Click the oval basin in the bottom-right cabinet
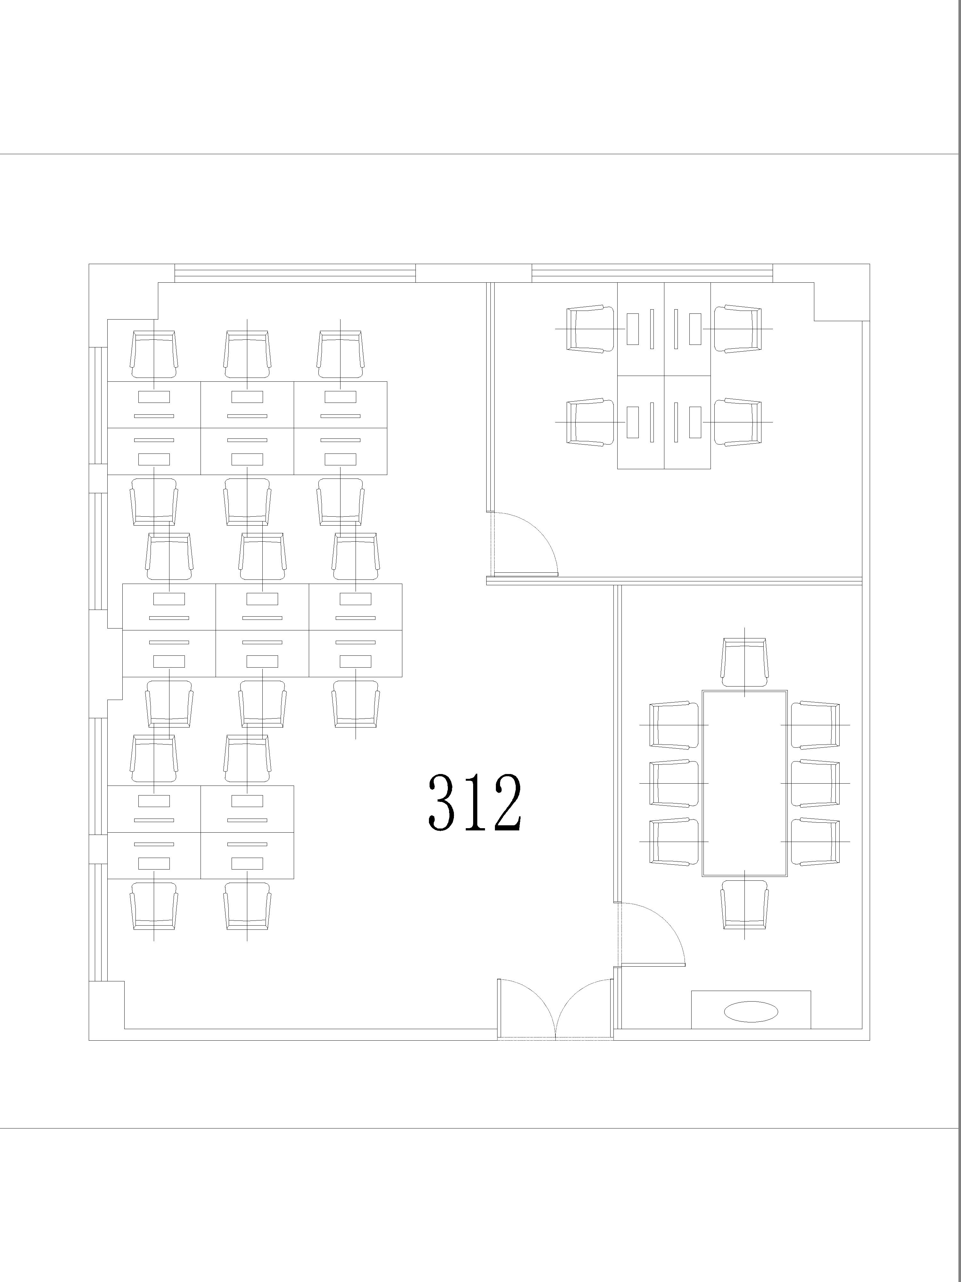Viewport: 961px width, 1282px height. coord(751,1011)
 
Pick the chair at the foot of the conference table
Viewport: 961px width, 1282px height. coord(744,905)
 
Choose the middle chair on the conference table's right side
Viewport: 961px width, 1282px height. coord(815,783)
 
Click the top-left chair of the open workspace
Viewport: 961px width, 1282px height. coord(153,355)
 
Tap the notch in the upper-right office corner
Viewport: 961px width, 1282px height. coord(842,301)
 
